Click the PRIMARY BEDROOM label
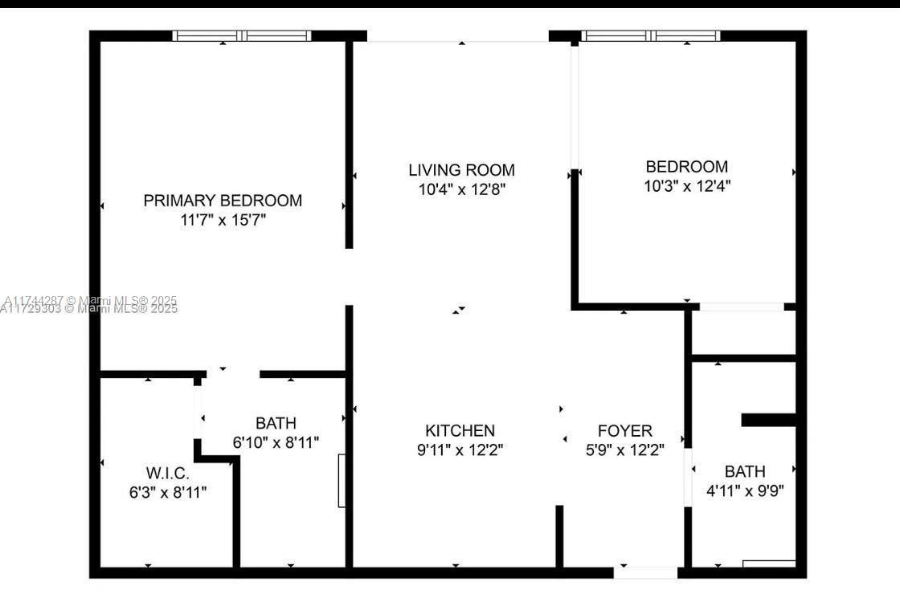click(223, 201)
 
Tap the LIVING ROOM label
click(461, 170)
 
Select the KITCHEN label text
click(460, 431)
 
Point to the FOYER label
click(624, 431)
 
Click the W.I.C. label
click(168, 474)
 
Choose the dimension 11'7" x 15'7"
click(223, 219)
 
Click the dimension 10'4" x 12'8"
click(461, 189)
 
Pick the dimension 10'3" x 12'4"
click(687, 185)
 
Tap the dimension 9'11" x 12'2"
click(460, 450)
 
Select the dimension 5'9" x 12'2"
click(624, 450)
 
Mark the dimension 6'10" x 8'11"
click(276, 441)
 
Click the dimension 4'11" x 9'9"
click(744, 490)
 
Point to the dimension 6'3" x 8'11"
click(168, 492)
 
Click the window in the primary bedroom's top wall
click(243, 36)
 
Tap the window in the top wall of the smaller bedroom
click(651, 36)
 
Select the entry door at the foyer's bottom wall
click(646, 572)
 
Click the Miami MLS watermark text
click(88, 305)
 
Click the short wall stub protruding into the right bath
click(768, 420)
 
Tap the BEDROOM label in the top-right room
click(687, 167)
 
